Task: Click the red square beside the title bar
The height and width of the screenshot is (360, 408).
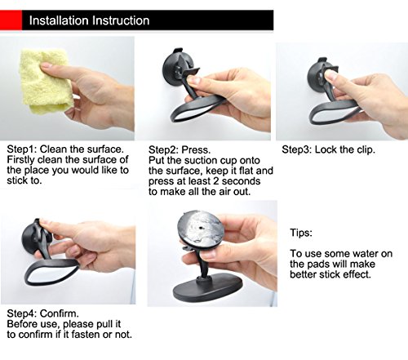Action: tap(11, 20)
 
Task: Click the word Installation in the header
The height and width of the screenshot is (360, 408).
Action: tap(59, 20)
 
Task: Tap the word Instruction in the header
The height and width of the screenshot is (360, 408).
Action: tap(121, 20)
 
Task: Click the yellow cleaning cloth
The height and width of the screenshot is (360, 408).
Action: tap(45, 82)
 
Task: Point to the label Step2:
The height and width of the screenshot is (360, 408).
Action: tap(163, 150)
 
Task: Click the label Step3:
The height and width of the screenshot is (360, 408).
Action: tap(296, 149)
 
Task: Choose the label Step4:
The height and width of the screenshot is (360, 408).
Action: tap(21, 313)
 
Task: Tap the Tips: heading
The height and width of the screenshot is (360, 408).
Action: tap(301, 233)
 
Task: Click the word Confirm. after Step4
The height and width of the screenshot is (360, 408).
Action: tap(60, 313)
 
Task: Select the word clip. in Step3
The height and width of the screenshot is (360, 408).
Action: tap(366, 149)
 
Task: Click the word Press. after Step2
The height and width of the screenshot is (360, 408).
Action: tap(196, 150)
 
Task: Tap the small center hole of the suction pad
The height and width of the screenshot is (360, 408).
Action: tap(201, 228)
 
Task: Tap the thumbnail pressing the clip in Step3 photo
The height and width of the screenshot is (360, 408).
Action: tap(331, 74)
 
